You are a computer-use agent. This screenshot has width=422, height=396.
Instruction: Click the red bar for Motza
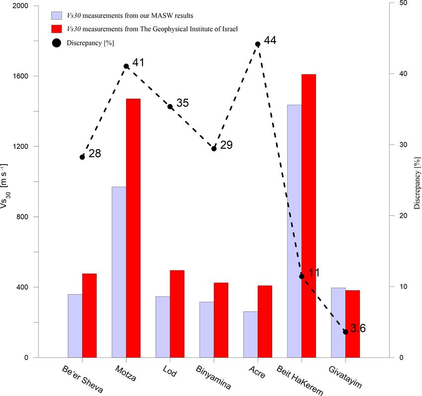(133, 228)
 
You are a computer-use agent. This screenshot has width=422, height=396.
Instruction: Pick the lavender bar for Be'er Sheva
(75, 326)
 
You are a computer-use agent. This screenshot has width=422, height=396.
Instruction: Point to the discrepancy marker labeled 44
(258, 44)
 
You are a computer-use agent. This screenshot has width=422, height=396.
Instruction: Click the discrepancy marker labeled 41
(126, 66)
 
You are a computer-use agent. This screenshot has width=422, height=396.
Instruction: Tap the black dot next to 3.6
(346, 331)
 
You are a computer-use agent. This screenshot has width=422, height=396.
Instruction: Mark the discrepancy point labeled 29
(214, 148)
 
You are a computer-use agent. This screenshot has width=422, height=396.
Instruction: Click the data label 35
(182, 103)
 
